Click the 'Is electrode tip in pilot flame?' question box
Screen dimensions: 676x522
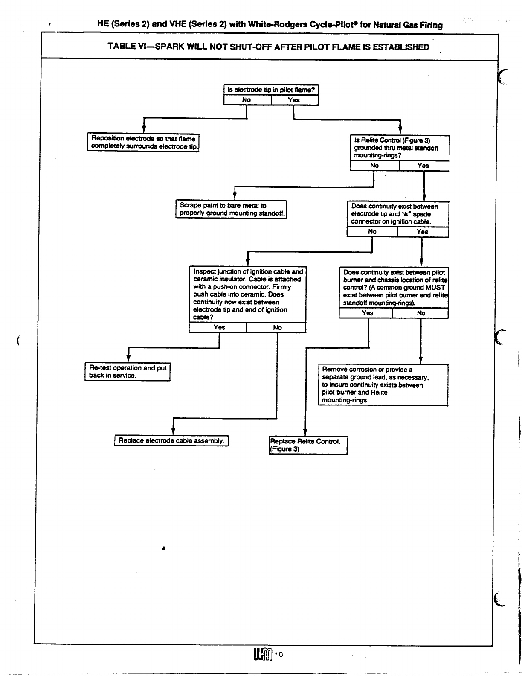(271, 90)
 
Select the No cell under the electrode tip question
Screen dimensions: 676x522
(247, 100)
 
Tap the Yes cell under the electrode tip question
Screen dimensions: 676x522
(294, 100)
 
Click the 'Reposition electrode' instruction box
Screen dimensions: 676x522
(143, 143)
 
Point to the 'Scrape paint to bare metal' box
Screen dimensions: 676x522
(231, 209)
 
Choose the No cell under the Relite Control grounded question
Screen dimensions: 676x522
(374, 166)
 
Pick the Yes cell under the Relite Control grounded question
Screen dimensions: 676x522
(423, 166)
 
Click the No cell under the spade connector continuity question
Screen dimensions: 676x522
(372, 232)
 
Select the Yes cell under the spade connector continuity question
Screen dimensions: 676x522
(423, 232)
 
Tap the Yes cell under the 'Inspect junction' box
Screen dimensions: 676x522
(219, 327)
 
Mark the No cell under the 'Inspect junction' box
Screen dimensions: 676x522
(277, 327)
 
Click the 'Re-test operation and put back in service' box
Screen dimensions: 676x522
(128, 372)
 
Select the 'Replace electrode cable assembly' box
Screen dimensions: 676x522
(171, 440)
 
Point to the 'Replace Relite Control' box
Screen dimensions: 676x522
(308, 445)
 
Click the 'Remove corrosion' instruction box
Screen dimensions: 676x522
(383, 385)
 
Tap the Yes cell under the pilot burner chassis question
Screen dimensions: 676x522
(367, 313)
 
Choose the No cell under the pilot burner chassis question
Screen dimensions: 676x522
(421, 313)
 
